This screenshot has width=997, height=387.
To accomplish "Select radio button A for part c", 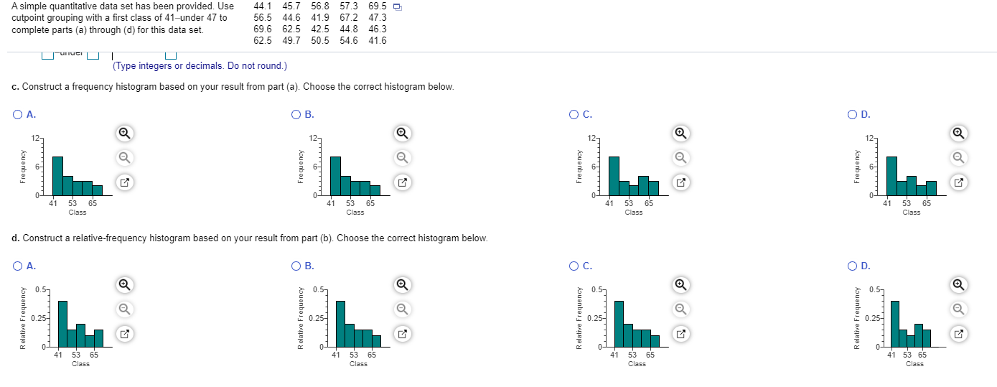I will point(17,114).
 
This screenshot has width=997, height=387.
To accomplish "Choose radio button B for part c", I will point(296,114).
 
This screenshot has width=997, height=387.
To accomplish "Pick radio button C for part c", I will point(574,114).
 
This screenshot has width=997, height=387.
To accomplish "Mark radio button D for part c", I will point(852,114).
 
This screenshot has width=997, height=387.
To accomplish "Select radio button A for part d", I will point(17,266).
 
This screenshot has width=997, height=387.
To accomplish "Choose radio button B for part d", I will point(296,266).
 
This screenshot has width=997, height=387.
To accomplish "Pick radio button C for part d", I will point(574,266).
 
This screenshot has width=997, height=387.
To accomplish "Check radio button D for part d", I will point(852,266).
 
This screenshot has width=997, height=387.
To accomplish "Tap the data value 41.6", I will point(378,40).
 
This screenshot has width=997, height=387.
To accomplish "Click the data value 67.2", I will point(349,18).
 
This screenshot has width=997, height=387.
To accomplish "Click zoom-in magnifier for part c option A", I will point(124,133).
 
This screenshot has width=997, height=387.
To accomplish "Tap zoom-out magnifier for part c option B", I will point(403,157).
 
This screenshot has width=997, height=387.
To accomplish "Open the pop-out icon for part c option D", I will point(958,182).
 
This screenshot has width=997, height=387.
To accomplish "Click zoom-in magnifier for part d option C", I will point(681,285).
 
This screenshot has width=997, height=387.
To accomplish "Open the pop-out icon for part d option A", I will point(124,334).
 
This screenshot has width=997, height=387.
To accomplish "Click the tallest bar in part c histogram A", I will point(57,175).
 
